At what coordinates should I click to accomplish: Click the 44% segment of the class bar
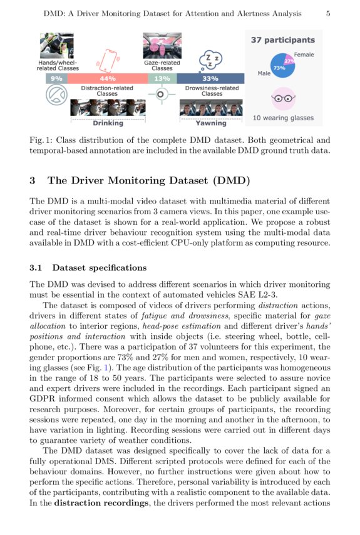(107, 79)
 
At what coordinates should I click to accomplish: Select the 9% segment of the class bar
(56, 79)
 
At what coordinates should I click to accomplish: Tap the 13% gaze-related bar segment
(162, 79)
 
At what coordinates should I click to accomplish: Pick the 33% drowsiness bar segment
(210, 79)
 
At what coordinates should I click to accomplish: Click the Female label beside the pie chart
(304, 55)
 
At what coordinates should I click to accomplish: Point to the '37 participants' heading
(283, 40)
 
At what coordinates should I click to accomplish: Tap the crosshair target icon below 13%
(162, 95)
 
